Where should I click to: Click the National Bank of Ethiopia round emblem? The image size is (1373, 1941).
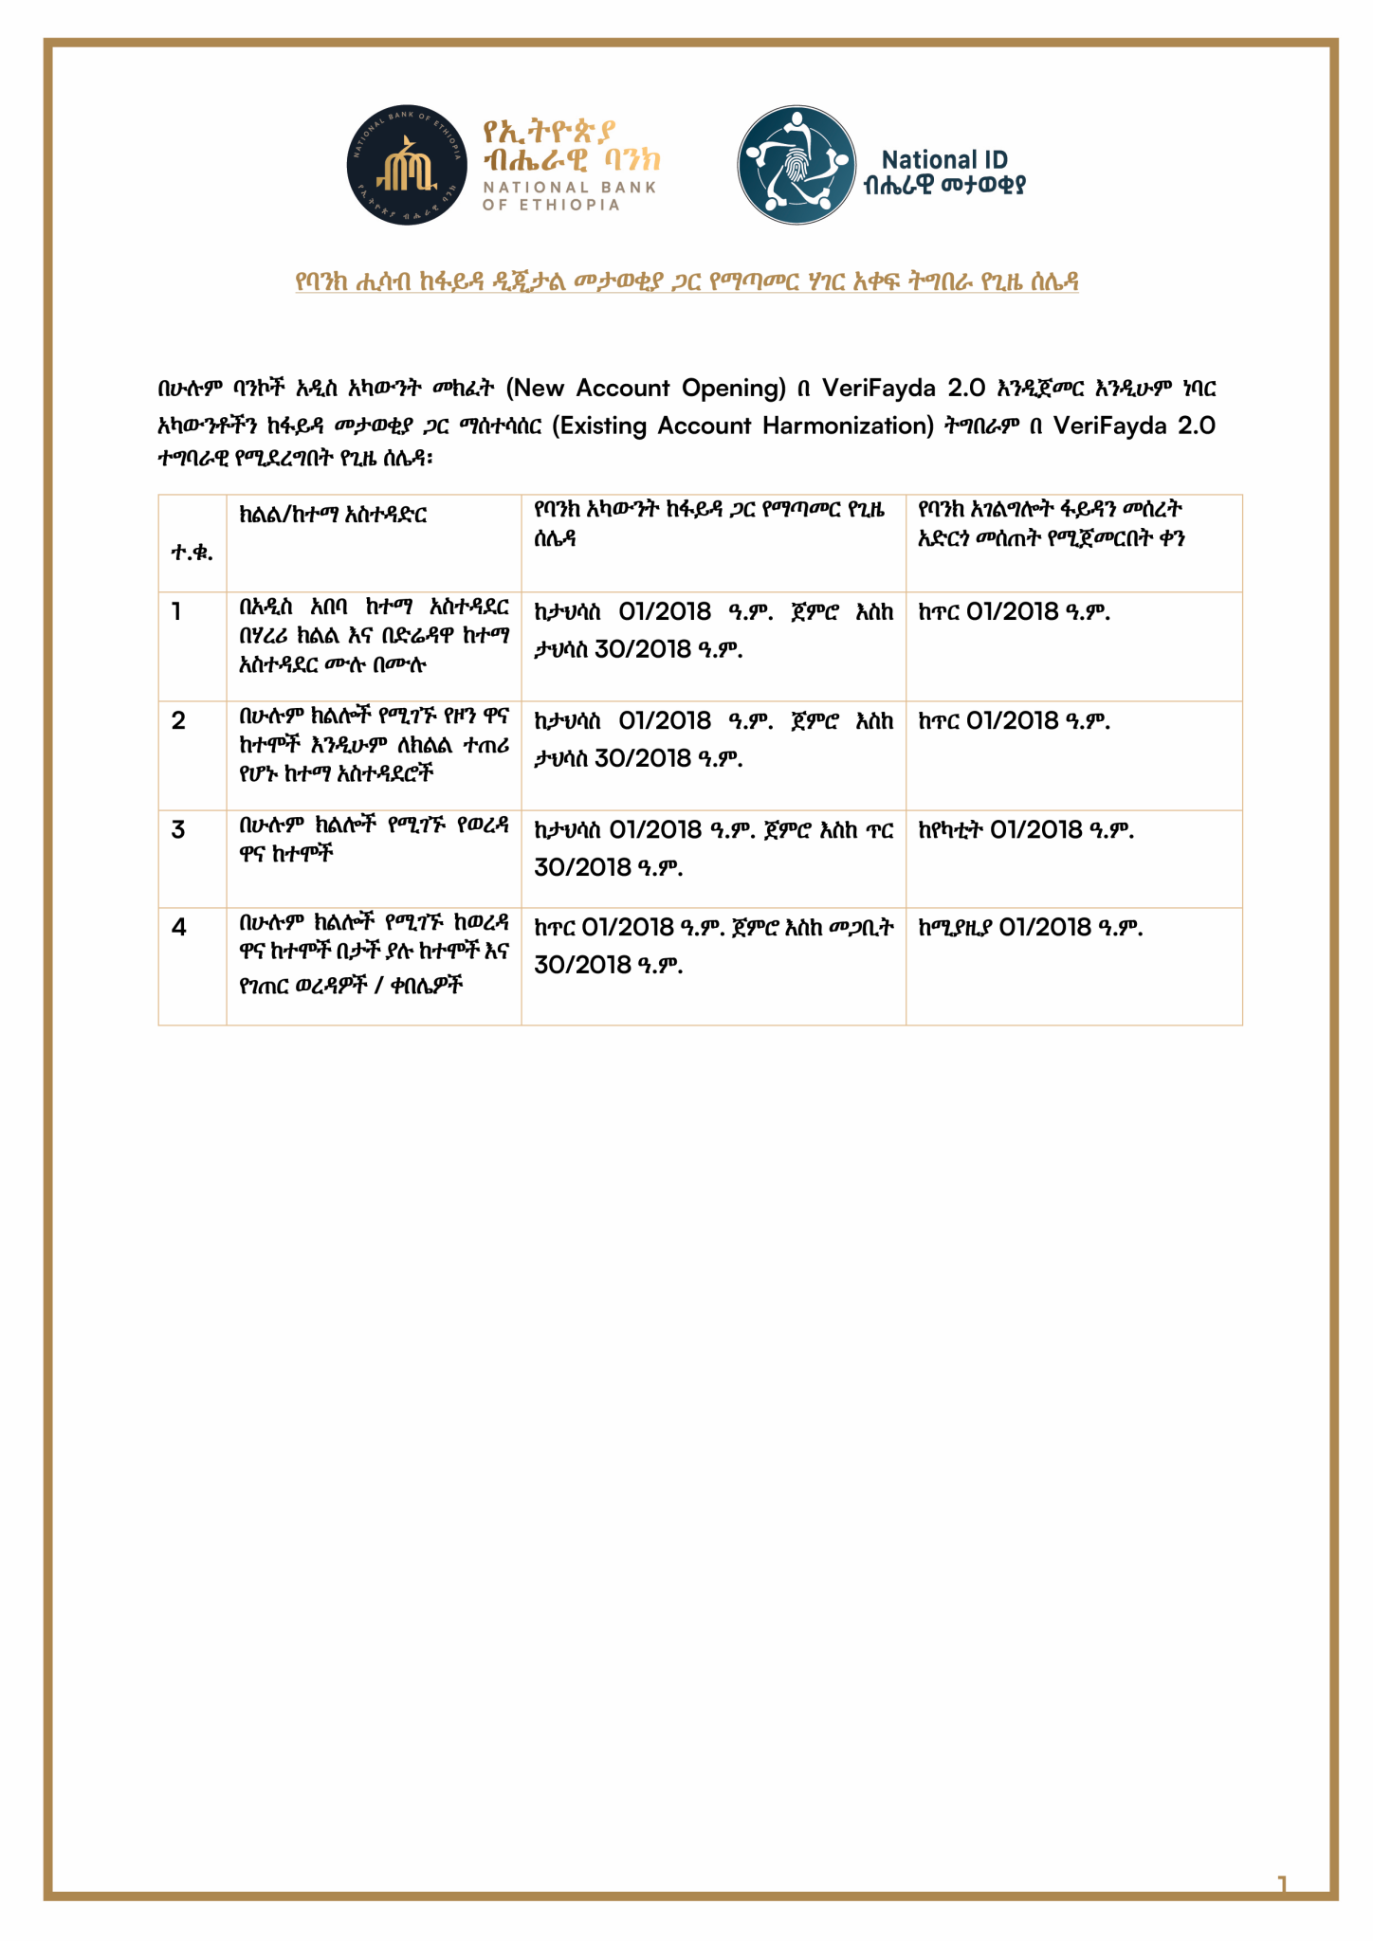tap(406, 165)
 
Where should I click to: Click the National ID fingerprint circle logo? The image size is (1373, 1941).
tap(796, 165)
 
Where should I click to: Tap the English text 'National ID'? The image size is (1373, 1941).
tap(943, 160)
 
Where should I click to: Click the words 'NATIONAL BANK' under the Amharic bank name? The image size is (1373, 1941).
tap(569, 188)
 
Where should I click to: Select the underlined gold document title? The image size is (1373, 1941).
tap(686, 281)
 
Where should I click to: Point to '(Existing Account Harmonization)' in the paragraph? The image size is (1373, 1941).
tap(742, 426)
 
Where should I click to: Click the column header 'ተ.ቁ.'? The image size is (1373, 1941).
tap(192, 553)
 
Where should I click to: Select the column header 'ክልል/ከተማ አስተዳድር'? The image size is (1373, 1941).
tap(333, 515)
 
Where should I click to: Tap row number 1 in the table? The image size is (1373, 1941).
tap(177, 611)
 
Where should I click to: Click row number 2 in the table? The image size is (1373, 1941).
tap(178, 721)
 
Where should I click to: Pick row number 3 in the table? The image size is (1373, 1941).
tap(178, 830)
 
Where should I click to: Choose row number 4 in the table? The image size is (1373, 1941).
tap(178, 928)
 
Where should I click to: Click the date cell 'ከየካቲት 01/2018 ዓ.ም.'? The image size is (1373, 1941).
tap(1026, 830)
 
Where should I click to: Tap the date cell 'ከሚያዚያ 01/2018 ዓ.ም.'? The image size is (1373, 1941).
tap(1031, 928)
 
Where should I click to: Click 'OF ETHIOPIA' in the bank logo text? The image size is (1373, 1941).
tap(551, 205)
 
